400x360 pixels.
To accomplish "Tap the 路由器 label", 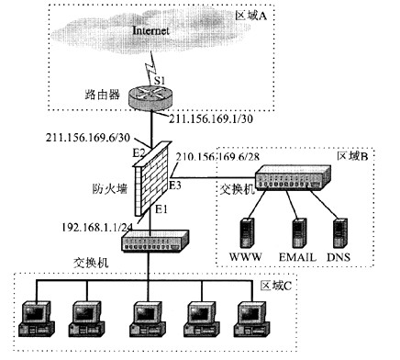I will pos(100,95).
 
